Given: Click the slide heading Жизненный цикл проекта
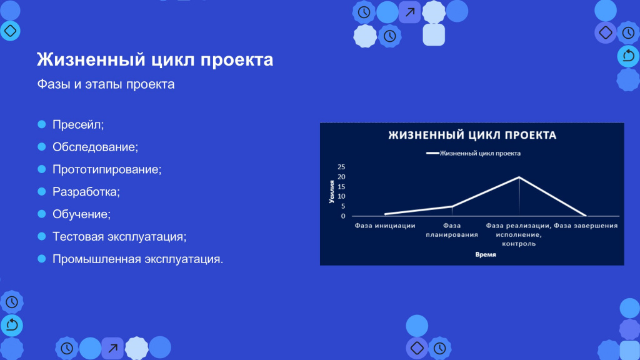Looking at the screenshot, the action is (155, 59).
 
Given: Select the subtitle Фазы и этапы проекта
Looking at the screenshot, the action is (106, 84).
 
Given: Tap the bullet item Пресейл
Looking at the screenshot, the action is (78, 124).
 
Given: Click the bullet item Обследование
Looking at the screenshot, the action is (95, 147).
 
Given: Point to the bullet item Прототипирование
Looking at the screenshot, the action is (107, 169).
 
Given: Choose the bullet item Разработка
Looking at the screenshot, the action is (86, 192).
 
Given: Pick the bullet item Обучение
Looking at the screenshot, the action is (81, 214).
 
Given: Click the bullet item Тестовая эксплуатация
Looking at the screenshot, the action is (119, 237).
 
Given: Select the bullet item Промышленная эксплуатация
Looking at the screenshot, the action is (137, 259).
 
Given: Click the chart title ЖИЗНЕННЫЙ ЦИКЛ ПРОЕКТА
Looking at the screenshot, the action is (472, 135).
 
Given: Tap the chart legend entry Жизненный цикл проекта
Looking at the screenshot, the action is (474, 154).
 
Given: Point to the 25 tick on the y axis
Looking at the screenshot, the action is (341, 167).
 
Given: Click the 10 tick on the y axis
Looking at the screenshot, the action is (341, 196).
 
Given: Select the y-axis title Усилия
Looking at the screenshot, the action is (331, 192).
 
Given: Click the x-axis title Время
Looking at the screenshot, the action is (486, 255).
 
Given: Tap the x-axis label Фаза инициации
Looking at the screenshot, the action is (385, 226).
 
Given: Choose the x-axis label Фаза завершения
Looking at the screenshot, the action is (586, 226).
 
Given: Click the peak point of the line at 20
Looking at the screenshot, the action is (519, 177).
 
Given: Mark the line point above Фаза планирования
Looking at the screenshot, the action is (452, 206).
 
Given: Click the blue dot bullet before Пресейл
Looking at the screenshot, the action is (42, 124).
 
